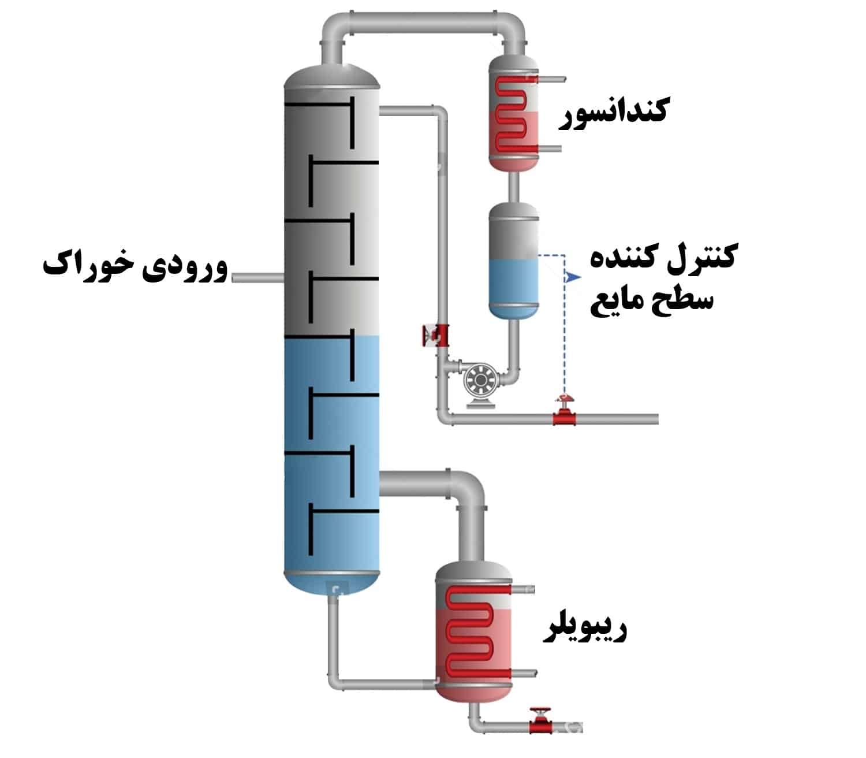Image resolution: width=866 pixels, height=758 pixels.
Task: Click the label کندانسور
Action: pyautogui.click(x=613, y=111)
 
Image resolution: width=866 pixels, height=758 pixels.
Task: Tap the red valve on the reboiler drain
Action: pyautogui.click(x=540, y=722)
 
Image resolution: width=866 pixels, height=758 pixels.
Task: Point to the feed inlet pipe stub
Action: pyautogui.click(x=257, y=278)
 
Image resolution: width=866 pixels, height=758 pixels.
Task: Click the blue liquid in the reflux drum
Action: pyautogui.click(x=513, y=283)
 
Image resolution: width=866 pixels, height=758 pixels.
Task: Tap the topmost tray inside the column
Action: pyautogui.click(x=332, y=106)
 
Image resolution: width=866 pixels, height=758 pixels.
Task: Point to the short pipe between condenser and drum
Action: pyautogui.click(x=513, y=186)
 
